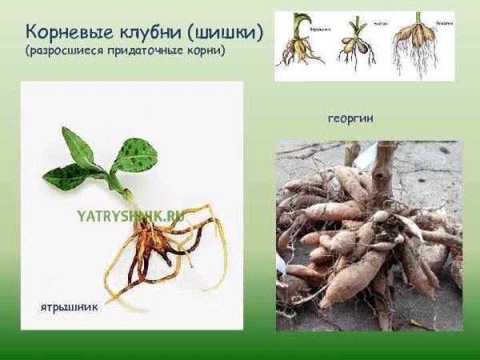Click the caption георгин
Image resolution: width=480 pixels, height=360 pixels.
[x=350, y=118]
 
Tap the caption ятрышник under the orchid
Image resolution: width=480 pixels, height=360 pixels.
[x=69, y=306]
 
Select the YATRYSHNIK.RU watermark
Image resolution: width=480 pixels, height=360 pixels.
[x=130, y=215]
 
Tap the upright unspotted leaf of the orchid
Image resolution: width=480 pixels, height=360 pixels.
[x=78, y=148]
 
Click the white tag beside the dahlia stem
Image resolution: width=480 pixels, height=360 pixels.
[x=365, y=157]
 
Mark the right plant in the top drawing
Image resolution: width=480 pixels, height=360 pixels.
[x=418, y=44]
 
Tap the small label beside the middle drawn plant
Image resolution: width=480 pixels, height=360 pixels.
[x=379, y=24]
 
